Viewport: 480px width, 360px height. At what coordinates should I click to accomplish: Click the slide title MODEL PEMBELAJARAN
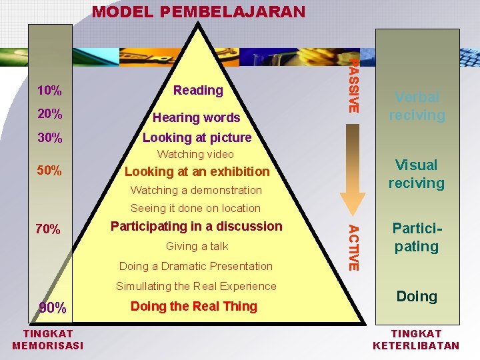click(x=198, y=11)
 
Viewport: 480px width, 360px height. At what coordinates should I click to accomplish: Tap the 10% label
click(x=50, y=90)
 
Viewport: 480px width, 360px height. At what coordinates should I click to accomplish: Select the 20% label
click(x=50, y=114)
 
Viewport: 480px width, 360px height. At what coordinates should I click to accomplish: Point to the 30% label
click(x=50, y=139)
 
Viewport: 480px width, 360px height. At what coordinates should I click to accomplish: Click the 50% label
click(x=50, y=171)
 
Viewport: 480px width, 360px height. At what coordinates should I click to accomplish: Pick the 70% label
click(x=48, y=230)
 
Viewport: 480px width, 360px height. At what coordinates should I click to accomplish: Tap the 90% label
click(x=53, y=307)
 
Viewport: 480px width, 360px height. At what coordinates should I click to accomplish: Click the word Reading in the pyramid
click(x=198, y=90)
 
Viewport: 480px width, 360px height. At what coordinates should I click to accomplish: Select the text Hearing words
click(x=196, y=118)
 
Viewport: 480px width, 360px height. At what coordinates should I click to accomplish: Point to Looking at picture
click(x=197, y=138)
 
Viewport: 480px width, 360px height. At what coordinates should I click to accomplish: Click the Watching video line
click(x=195, y=154)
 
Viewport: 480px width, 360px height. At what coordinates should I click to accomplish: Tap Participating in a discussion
click(x=196, y=226)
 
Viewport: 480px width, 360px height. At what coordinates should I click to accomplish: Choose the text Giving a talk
click(x=197, y=246)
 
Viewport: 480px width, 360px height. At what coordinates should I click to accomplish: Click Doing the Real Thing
click(x=193, y=306)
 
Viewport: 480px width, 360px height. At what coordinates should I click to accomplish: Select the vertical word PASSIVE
click(x=355, y=85)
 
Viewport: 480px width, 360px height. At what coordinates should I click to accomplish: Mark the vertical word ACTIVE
click(x=355, y=248)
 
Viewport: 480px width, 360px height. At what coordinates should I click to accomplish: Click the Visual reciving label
click(x=416, y=173)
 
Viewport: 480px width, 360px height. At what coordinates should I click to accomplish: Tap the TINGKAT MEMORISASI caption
click(x=48, y=339)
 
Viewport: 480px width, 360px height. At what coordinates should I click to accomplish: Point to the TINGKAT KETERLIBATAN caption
click(x=416, y=339)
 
